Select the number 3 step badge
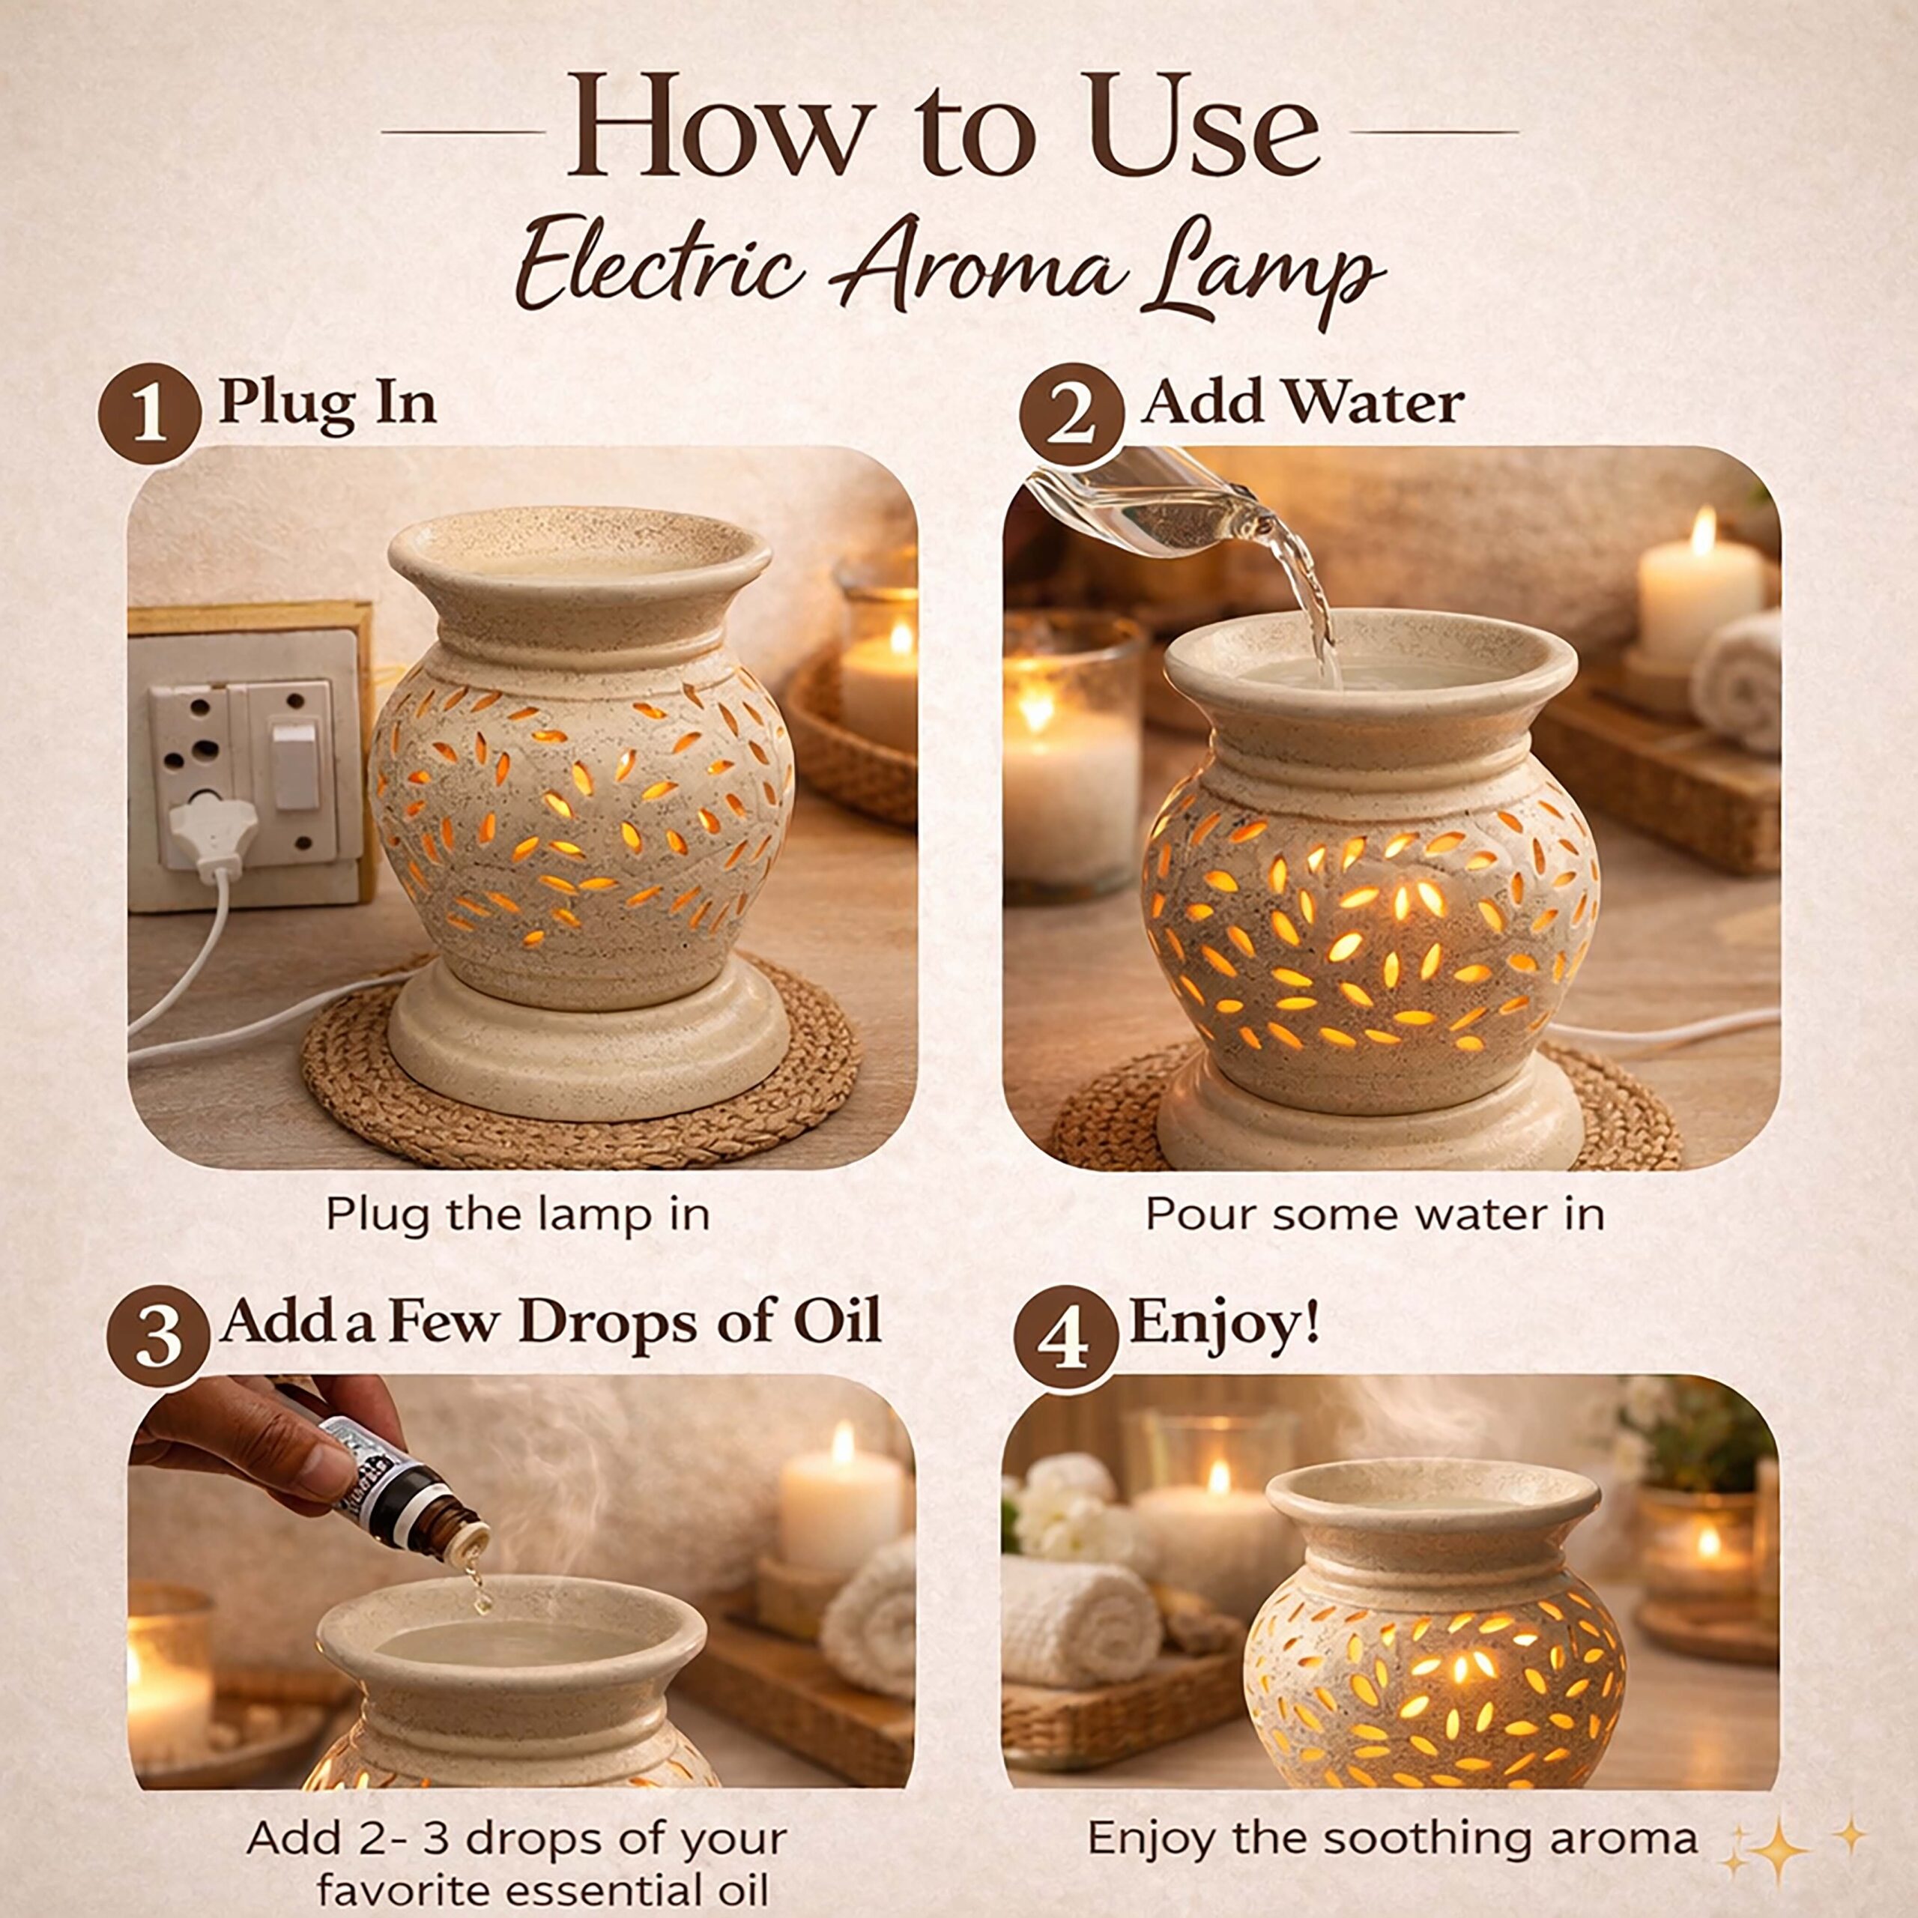point(158,1337)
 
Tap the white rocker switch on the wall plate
point(295,764)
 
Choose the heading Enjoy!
point(1225,1326)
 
